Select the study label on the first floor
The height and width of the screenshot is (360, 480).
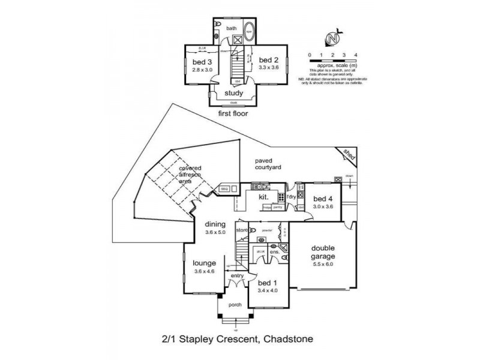[233, 94]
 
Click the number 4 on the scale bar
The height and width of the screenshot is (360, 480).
[356, 55]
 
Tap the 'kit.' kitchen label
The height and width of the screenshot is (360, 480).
[263, 196]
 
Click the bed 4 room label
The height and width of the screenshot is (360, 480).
[323, 199]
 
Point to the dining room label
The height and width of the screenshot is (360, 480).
[215, 225]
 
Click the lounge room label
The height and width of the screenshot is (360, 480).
[204, 263]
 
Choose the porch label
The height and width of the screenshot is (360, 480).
[235, 305]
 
